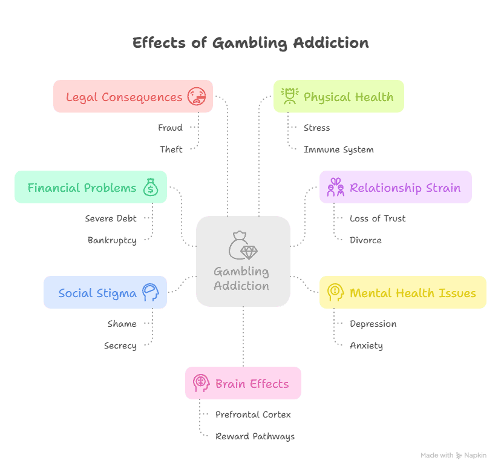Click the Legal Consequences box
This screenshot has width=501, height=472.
point(133,97)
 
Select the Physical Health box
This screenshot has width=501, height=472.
point(338,97)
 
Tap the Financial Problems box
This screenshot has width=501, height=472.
point(91,188)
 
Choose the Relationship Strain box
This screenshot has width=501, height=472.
point(396,188)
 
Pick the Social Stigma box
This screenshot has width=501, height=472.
point(105,293)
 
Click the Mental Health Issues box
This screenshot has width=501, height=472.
point(403,293)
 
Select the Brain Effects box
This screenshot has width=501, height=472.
point(243,384)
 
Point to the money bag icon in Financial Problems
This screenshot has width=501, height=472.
point(151,188)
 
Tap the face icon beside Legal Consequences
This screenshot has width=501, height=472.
point(197,97)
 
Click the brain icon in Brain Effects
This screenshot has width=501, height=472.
point(201,384)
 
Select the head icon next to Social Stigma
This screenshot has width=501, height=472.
point(151,293)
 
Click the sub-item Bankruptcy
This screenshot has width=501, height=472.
point(112,240)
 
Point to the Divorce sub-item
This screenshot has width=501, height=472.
point(365,240)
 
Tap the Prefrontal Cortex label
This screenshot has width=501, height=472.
point(253,415)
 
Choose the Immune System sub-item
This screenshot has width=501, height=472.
point(339,149)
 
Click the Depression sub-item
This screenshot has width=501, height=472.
point(373,324)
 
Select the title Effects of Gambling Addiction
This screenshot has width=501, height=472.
point(250,43)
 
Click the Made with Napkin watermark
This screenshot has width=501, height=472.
point(453,455)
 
